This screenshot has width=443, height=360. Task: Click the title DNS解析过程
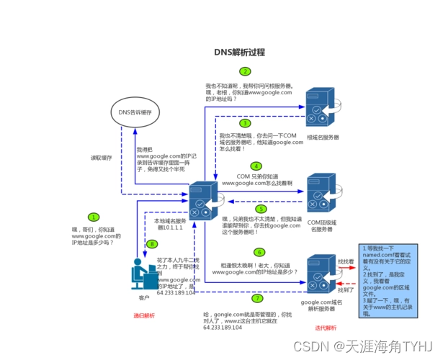click(x=240, y=53)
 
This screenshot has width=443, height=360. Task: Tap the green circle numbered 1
click(x=93, y=217)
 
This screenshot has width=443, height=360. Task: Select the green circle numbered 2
click(x=246, y=72)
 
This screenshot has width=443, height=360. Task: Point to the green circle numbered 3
click(x=245, y=123)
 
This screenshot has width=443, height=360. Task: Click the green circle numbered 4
click(x=246, y=166)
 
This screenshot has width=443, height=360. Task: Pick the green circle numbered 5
click(x=261, y=208)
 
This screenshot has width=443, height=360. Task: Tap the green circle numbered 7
click(x=257, y=297)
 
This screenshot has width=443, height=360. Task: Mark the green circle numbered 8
click(x=151, y=244)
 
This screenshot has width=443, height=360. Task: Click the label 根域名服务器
click(x=323, y=137)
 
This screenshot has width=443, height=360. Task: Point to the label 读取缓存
click(x=101, y=157)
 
